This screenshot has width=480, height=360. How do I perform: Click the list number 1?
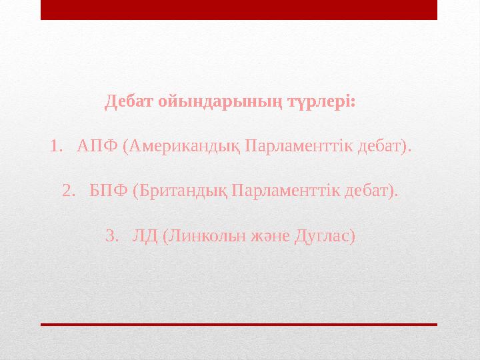[x=55, y=145]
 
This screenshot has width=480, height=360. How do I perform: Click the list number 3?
[x=111, y=236]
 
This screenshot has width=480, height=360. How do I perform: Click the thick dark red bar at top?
[x=239, y=9]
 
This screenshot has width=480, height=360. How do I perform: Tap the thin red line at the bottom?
[x=239, y=324]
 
